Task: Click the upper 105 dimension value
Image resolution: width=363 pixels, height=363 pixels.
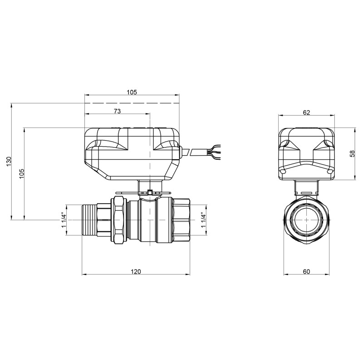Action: (x=132, y=92)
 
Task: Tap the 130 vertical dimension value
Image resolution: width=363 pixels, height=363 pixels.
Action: (x=8, y=162)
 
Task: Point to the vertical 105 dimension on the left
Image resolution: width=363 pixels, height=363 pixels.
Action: (x=21, y=173)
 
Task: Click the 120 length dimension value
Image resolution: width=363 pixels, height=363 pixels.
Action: (x=136, y=272)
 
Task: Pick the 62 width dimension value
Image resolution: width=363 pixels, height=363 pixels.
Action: (x=306, y=113)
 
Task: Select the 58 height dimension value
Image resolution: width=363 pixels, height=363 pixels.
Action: (x=353, y=153)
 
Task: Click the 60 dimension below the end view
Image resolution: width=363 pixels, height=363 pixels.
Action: (x=306, y=272)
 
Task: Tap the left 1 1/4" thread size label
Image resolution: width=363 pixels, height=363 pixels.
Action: (x=64, y=219)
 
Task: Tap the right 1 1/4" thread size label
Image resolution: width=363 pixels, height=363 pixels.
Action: (x=204, y=219)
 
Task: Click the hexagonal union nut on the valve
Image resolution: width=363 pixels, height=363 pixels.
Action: (x=119, y=219)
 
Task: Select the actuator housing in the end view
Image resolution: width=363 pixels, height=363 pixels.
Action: (x=306, y=152)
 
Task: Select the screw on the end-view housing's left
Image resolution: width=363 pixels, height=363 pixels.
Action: (x=283, y=172)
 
